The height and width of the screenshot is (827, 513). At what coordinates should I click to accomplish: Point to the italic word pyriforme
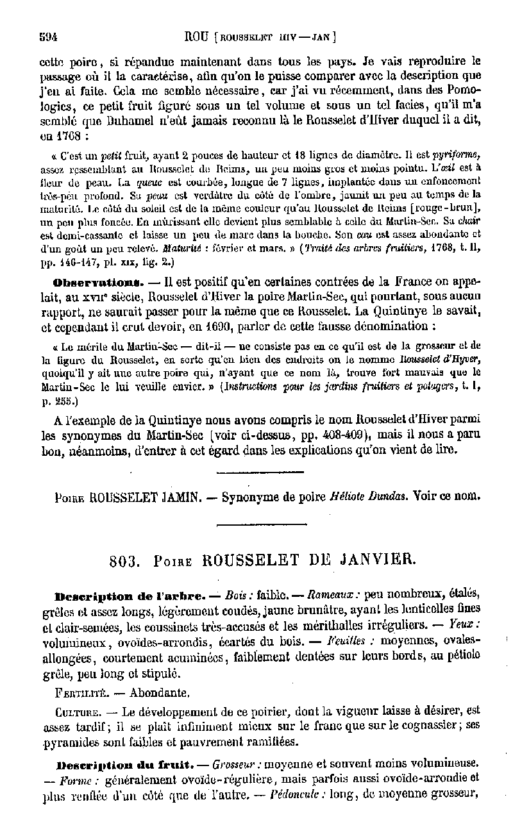(457, 155)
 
